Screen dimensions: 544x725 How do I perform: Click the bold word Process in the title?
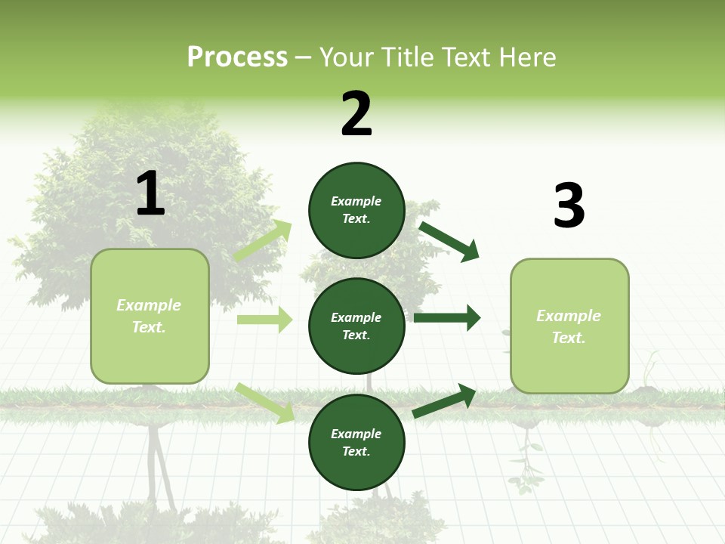pyautogui.click(x=237, y=57)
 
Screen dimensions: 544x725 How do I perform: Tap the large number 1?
pyautogui.click(x=150, y=193)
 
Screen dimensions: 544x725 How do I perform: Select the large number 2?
pyautogui.click(x=356, y=114)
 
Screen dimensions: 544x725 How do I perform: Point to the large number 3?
pyautogui.click(x=569, y=206)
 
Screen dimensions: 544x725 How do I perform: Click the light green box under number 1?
pyautogui.click(x=150, y=316)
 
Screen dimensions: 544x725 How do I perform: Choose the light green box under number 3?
pyautogui.click(x=569, y=326)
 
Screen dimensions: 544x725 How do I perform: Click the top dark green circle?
pyautogui.click(x=356, y=210)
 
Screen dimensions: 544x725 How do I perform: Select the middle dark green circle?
pyautogui.click(x=356, y=326)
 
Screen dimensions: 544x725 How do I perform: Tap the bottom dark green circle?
pyautogui.click(x=356, y=442)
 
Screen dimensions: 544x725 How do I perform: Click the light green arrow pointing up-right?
pyautogui.click(x=263, y=241)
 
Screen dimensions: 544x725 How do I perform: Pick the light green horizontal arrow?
pyautogui.click(x=264, y=320)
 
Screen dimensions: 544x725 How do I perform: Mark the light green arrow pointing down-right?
pyautogui.click(x=264, y=403)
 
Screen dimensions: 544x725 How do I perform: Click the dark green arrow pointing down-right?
pyautogui.click(x=449, y=241)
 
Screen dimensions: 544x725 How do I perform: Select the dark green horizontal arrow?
pyautogui.click(x=447, y=318)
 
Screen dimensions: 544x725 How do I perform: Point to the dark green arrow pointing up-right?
pyautogui.click(x=445, y=401)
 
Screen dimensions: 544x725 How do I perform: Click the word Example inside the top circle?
pyautogui.click(x=356, y=201)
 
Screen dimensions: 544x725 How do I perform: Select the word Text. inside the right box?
pyautogui.click(x=569, y=337)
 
